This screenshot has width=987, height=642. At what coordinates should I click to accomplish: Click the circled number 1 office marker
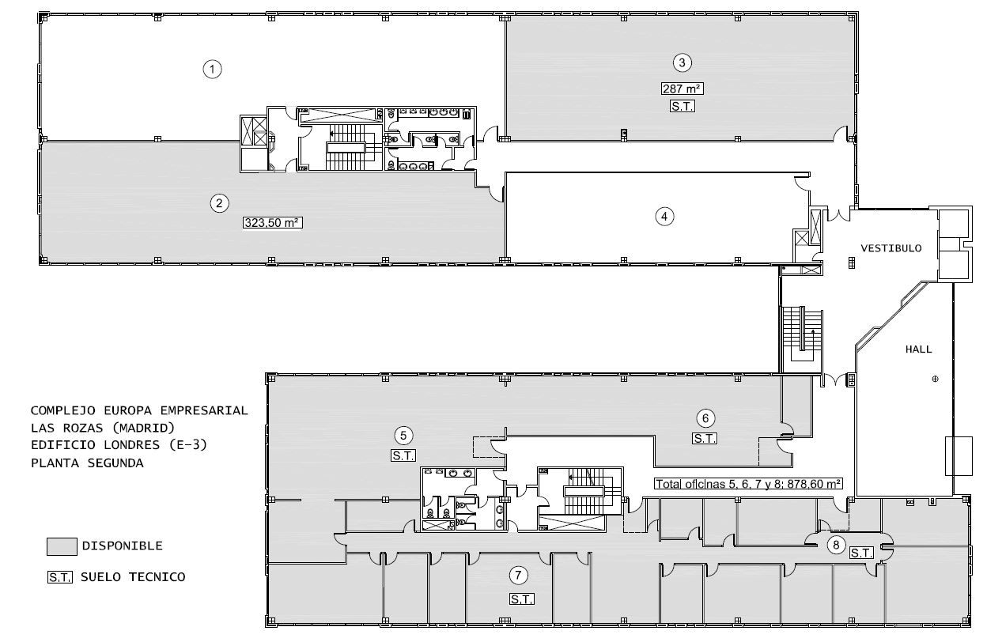pos(213,69)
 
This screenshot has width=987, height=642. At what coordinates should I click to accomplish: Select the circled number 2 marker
pos(219,203)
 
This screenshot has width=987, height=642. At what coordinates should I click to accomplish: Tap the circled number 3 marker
pos(682,62)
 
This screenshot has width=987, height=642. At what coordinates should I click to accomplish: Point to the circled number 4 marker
pos(664,217)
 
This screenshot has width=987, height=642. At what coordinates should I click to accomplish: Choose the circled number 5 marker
pos(403,436)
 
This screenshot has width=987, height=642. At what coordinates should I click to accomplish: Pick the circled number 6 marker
pos(705,418)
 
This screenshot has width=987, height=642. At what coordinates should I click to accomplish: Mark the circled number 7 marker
pos(518,575)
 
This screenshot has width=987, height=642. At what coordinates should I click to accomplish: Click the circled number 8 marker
pos(836,545)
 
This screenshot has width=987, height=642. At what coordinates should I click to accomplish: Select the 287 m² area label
pos(682,89)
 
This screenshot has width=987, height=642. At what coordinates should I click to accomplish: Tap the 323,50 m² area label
pos(273,222)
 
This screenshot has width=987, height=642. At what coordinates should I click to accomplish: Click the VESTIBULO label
pos(891,248)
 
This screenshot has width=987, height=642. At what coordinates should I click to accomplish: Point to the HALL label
pos(919,349)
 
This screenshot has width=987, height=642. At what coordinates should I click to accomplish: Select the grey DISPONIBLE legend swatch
pos(62,546)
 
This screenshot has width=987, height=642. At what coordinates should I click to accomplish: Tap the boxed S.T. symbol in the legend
pos(60,577)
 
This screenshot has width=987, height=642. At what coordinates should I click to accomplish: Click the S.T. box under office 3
pos(682,106)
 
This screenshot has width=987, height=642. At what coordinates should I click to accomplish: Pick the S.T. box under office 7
pos(522,599)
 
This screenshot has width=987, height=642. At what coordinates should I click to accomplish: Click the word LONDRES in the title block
pos(132,445)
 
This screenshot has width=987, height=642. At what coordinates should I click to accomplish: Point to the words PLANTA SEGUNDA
pos(87,463)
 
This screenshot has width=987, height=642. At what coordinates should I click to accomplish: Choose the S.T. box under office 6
pos(705,439)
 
